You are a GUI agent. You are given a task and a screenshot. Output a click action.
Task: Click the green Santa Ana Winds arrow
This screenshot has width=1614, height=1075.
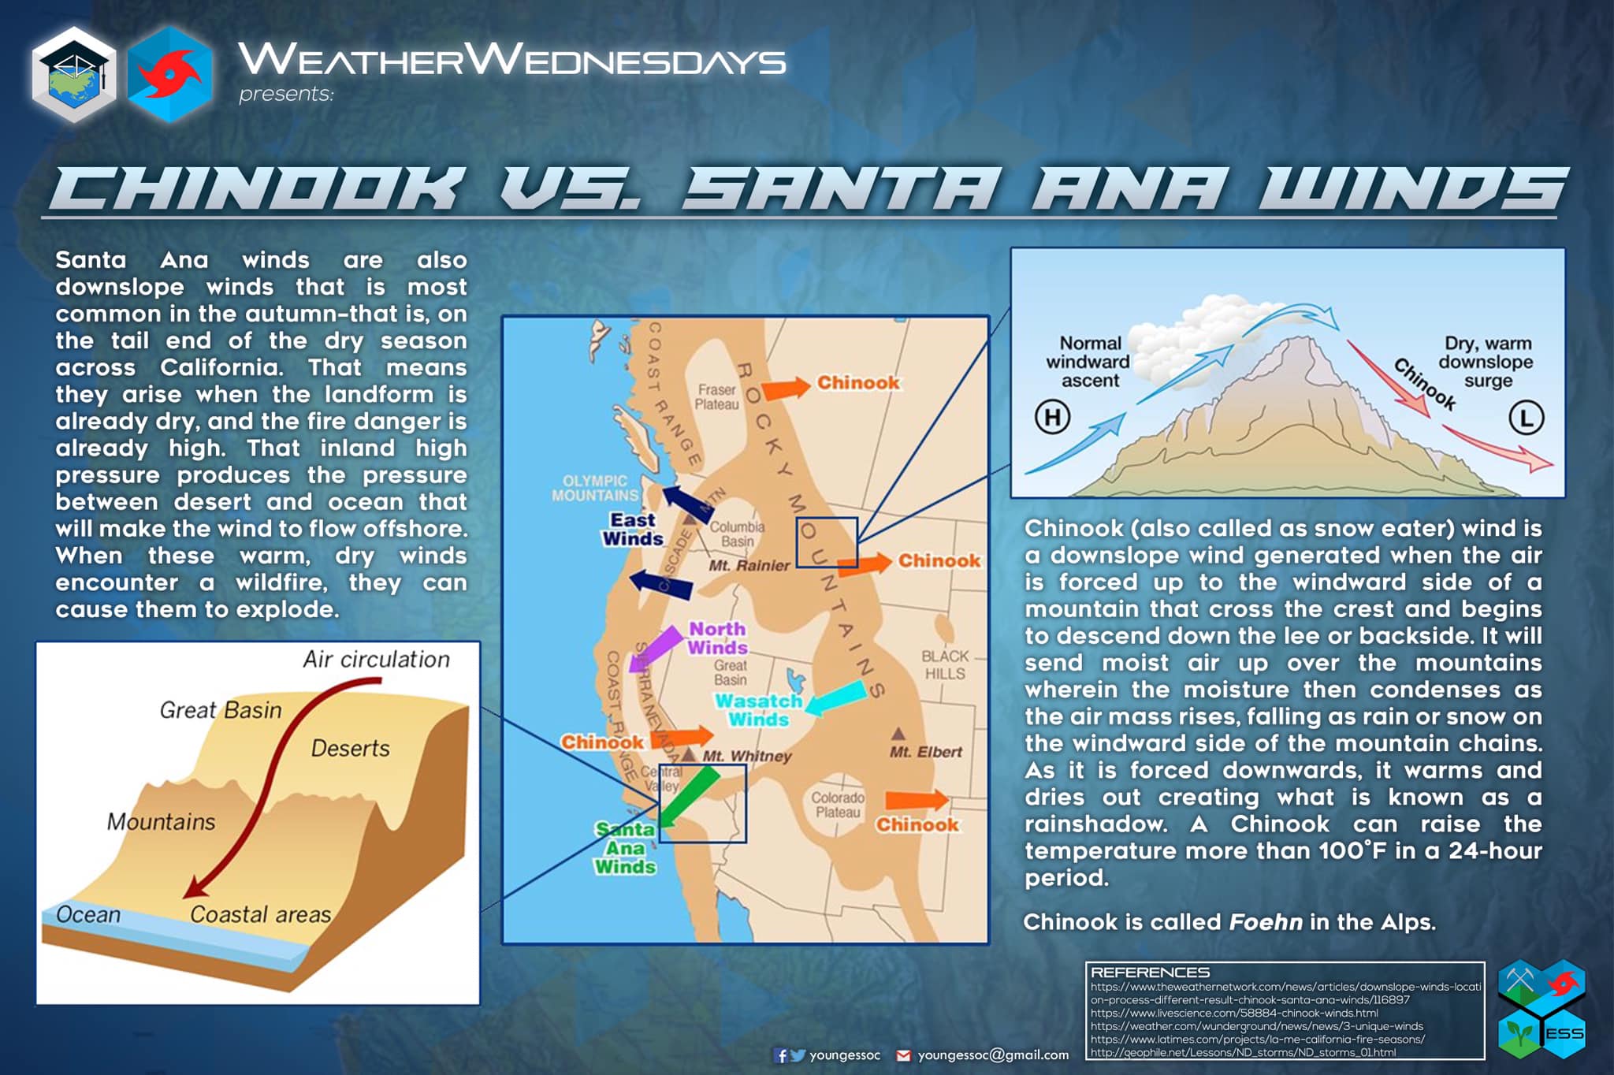pos(690,796)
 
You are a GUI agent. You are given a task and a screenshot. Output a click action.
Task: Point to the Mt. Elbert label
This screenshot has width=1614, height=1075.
pos(925,752)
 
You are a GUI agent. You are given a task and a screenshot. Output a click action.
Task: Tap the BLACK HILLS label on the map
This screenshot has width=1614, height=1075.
pos(945,664)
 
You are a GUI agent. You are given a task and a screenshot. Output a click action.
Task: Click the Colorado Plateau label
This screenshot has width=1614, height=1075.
pos(838,805)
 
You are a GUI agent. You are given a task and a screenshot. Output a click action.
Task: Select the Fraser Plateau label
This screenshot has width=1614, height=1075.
pos(716,396)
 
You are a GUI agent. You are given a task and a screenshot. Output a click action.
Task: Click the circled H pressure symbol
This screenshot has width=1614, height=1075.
pos(1052,416)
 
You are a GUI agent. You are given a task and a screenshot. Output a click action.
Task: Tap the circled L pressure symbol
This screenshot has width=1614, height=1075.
pos(1526,418)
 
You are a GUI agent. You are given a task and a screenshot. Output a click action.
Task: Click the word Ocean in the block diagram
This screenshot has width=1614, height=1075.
pos(88,914)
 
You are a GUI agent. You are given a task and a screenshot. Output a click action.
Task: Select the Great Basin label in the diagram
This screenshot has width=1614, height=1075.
pos(221,710)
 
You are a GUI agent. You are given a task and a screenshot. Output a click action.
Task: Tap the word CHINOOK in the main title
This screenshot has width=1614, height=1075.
pos(256,189)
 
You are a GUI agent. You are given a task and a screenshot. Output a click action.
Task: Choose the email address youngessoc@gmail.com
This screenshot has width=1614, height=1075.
pos(993,1055)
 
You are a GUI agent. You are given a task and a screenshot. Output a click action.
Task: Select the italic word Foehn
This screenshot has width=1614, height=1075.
pos(1266,921)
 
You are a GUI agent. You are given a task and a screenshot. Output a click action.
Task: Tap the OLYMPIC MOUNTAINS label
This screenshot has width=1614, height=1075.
pos(595,488)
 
